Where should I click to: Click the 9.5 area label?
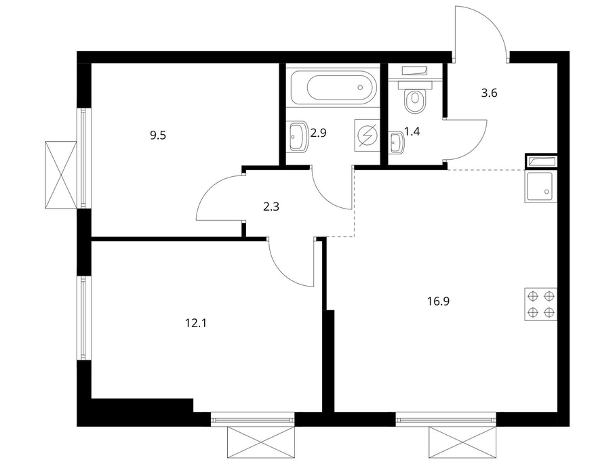(x=158, y=135)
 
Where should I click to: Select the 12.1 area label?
(x=195, y=323)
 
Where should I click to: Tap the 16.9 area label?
(x=439, y=301)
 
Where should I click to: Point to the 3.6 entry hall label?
(x=489, y=93)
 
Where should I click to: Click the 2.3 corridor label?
(x=271, y=207)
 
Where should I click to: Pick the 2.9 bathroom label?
(x=318, y=133)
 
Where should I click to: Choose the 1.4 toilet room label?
(x=412, y=131)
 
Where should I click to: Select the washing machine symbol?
(x=368, y=135)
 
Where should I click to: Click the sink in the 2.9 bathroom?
(x=299, y=136)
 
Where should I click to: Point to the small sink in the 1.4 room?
(x=397, y=142)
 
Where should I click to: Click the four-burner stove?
(x=540, y=304)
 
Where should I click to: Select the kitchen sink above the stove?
(x=540, y=186)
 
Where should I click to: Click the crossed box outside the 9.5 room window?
(x=61, y=174)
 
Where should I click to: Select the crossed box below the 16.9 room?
(x=463, y=442)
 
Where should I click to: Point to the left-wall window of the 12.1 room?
(x=83, y=318)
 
